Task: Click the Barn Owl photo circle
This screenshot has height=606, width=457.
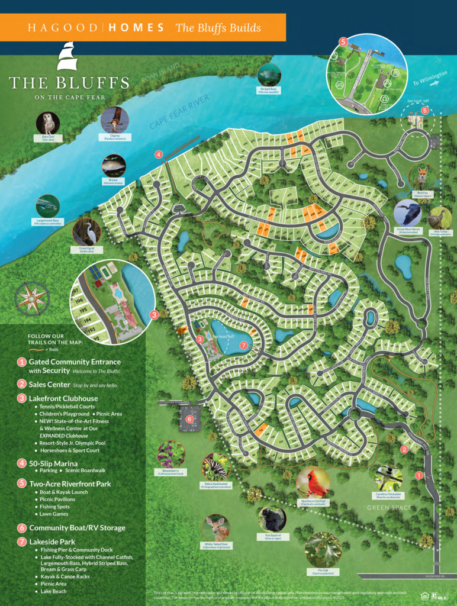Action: [47, 123]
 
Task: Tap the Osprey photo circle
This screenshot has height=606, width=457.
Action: [115, 120]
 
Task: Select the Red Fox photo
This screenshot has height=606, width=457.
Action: [423, 176]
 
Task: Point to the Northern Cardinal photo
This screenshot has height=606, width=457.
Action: [313, 483]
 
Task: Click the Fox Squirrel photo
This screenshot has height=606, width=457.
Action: [272, 519]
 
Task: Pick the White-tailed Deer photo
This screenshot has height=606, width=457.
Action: [216, 527]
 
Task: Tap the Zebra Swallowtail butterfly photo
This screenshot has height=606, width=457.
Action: [215, 467]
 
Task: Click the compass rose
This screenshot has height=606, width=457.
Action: [32, 298]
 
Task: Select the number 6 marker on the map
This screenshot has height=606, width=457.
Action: [189, 419]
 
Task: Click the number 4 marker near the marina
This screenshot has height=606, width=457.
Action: [159, 154]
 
